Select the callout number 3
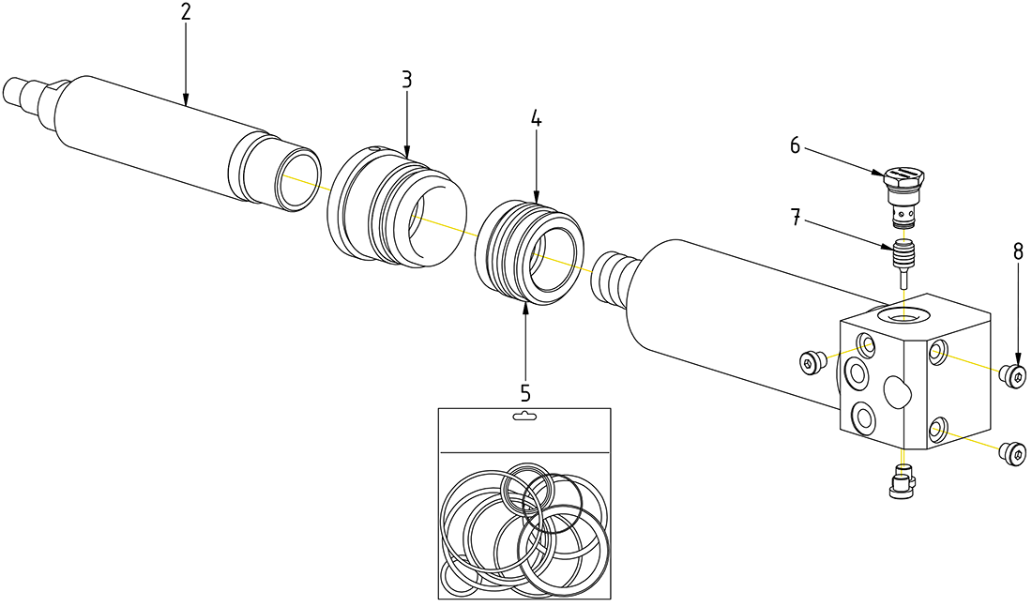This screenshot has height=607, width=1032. pyautogui.click(x=406, y=79)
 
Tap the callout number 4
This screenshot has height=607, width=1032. pyautogui.click(x=536, y=119)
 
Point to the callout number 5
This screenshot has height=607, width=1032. pyautogui.click(x=525, y=391)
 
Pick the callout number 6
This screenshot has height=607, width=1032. pyautogui.click(x=795, y=145)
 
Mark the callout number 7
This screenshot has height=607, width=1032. pyautogui.click(x=795, y=221)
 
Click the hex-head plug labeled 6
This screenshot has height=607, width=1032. pyautogui.click(x=904, y=190)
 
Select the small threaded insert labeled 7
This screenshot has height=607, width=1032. pyautogui.click(x=903, y=257)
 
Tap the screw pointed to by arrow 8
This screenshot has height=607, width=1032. pyautogui.click(x=1012, y=374)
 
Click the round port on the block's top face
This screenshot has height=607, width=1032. pyautogui.click(x=905, y=315)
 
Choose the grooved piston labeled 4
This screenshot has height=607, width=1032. pyautogui.click(x=531, y=251)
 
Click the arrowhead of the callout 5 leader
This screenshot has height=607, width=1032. pyautogui.click(x=525, y=308)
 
